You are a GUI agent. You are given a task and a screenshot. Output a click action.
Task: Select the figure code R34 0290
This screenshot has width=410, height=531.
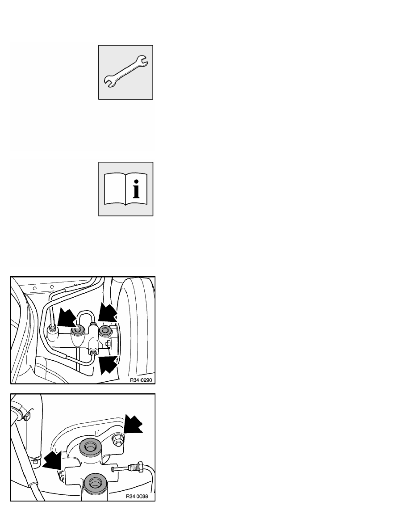tap(141, 380)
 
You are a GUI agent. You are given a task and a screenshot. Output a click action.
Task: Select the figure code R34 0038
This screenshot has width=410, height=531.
tap(137, 497)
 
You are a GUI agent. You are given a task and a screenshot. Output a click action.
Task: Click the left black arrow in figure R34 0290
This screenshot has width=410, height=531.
tap(67, 317)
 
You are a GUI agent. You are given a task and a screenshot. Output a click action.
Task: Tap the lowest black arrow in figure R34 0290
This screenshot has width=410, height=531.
tap(109, 364)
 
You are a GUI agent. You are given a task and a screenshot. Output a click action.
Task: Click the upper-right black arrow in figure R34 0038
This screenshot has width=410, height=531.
tap(133, 424)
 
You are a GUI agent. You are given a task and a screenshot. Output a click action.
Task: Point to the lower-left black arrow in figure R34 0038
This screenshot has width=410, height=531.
tap(52, 459)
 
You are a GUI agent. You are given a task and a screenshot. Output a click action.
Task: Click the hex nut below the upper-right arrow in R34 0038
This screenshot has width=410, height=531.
tap(117, 440)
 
